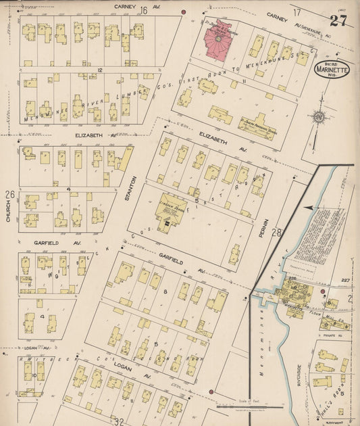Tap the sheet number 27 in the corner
click(x=338, y=20)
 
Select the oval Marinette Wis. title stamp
click(x=331, y=70)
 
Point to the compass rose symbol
click(x=319, y=118)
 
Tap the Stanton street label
click(x=134, y=189)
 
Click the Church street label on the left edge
click(x=8, y=211)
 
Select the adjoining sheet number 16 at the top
click(x=143, y=10)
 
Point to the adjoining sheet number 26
click(x=9, y=195)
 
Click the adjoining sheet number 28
click(x=276, y=233)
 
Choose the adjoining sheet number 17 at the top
click(x=297, y=12)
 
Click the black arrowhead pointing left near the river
click(x=308, y=208)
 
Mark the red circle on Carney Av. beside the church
click(x=184, y=12)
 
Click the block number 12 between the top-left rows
click(x=99, y=70)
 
